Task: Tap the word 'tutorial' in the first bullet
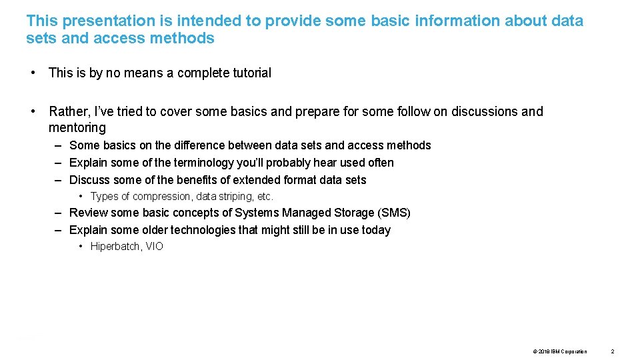coord(249,73)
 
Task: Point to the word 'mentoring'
coord(77,127)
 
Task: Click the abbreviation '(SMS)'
coord(394,213)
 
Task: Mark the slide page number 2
coord(613,351)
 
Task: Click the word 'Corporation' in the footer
coord(574,351)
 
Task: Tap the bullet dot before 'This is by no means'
coord(33,73)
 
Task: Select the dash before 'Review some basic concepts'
coord(59,213)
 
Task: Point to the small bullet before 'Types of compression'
coord(81,197)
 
